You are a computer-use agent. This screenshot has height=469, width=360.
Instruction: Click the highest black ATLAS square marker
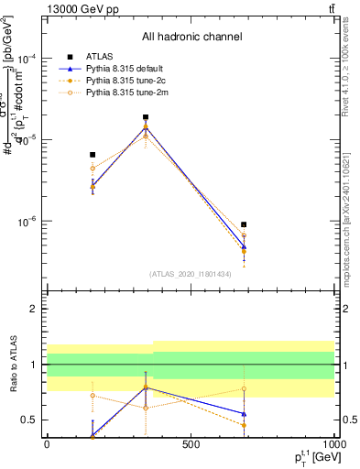146,117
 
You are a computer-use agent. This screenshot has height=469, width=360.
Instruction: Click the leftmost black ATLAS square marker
93,155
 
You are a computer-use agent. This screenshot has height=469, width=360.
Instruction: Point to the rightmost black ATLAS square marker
244,224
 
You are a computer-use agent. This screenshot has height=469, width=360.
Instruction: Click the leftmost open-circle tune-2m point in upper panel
93,169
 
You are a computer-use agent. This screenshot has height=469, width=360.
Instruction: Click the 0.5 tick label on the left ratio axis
29,420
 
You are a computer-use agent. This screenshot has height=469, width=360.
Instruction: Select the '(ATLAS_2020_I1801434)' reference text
191,274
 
